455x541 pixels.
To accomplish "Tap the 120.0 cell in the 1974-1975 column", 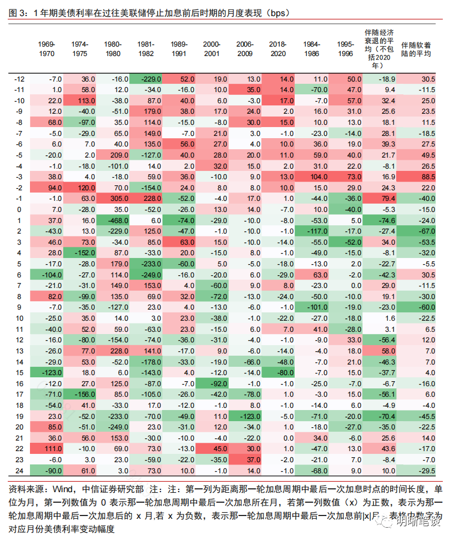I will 83,188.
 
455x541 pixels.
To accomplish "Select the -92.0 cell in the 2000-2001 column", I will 211,383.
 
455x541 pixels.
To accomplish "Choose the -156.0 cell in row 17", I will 83,394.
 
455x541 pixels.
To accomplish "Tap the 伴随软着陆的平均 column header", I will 417,49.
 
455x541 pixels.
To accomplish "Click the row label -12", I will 18,80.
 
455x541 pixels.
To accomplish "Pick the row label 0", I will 18,209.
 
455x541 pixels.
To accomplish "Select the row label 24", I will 18,470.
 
